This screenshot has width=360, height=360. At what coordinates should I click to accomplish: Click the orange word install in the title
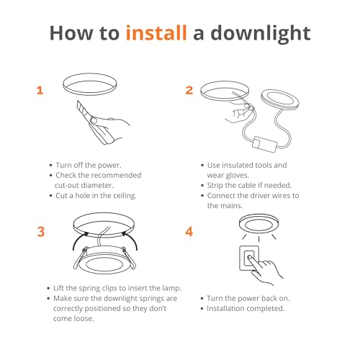tap(156, 32)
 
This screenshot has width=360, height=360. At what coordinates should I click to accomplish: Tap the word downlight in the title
tap(261, 34)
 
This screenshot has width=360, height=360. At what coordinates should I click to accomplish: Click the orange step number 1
tap(40, 91)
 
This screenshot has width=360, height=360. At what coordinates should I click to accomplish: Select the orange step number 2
tap(189, 90)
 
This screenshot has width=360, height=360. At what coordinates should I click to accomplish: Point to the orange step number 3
tap(41, 232)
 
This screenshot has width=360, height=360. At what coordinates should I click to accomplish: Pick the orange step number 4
tap(189, 232)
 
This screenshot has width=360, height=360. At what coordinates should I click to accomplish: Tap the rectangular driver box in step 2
tap(265, 144)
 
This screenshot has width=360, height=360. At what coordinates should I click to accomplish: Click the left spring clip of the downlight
tap(80, 258)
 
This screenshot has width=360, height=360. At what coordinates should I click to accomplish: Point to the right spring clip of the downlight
tap(129, 258)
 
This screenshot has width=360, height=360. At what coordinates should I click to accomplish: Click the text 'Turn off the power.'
tap(89, 165)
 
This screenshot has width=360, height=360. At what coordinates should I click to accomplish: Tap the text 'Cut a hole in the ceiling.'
tap(96, 196)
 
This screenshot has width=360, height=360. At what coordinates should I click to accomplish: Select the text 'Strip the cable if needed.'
tap(249, 185)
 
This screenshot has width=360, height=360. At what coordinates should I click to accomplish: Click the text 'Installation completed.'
tap(246, 308)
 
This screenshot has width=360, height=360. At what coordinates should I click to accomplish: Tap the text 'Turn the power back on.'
tap(248, 298)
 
